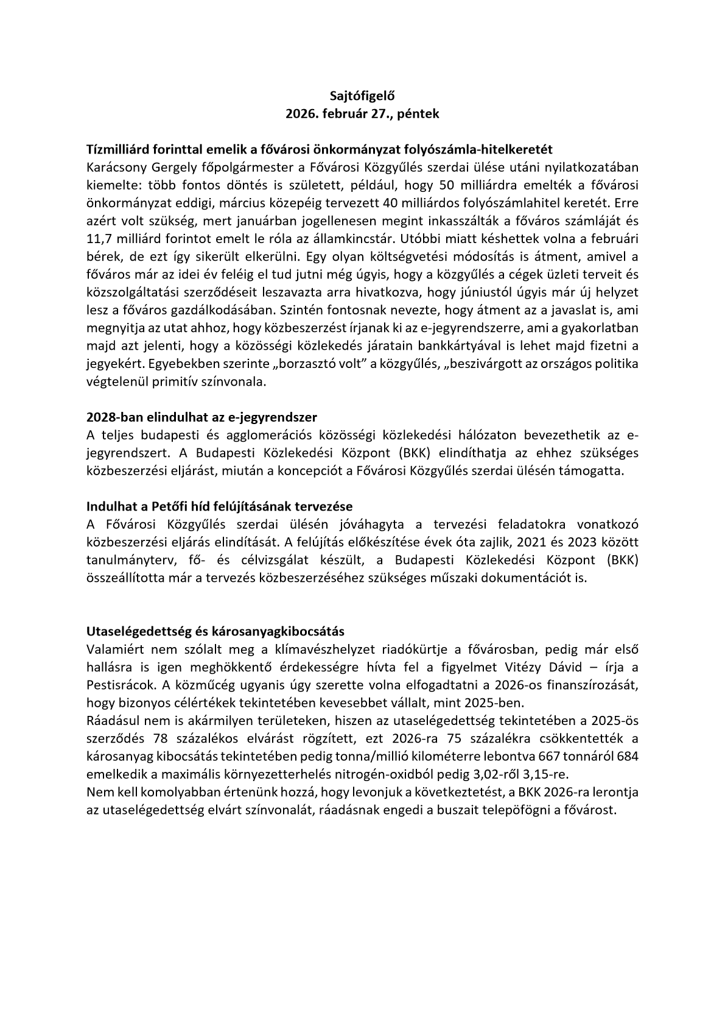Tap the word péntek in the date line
point(417,113)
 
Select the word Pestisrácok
point(117,684)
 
